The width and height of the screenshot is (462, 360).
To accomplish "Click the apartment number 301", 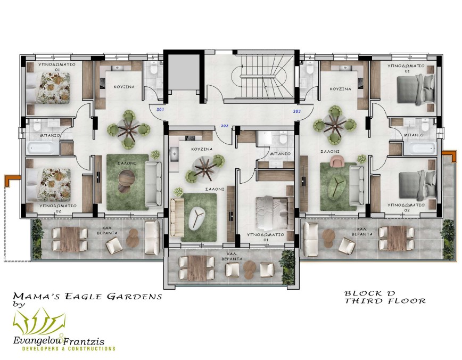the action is point(160,110).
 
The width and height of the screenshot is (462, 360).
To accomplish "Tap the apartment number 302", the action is point(225,126).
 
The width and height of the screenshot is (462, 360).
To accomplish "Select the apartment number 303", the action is point(296,111).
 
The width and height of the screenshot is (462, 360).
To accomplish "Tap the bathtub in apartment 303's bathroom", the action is point(420,149).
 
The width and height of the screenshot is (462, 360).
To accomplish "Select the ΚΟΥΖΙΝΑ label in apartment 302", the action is point(202,149).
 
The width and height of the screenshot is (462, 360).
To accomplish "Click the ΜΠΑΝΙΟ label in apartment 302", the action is point(280,153).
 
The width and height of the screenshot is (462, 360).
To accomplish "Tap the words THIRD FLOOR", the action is point(385,301).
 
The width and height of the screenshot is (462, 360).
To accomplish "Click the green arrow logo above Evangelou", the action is point(39,322).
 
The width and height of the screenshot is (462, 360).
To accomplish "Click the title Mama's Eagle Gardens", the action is point(87,296).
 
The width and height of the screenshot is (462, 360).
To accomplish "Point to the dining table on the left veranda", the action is point(70,239).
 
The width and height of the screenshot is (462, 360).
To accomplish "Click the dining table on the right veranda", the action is point(397,238).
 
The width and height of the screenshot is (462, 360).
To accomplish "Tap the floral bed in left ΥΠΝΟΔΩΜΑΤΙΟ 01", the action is point(48,88).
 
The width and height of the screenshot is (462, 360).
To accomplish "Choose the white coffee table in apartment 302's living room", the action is point(197,218).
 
